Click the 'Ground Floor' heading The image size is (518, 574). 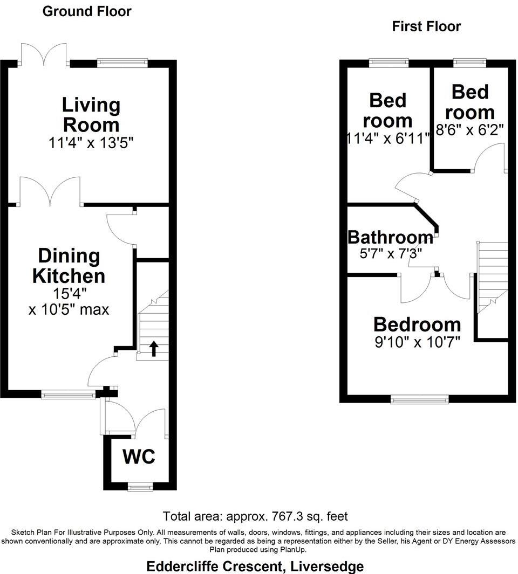pos(87,11)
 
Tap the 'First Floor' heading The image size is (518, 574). pos(426,26)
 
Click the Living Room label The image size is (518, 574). pos(91,114)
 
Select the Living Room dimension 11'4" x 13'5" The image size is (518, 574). pos(91,143)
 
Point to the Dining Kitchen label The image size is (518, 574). pos(69,266)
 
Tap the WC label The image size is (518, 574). pos(139,457)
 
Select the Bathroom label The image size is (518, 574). pos(390,237)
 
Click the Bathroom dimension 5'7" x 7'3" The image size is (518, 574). pos(390,252)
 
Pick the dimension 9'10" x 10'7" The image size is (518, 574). pos(417,342)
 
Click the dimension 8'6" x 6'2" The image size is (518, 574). pos(469,129)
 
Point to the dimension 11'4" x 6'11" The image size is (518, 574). pos(388,137)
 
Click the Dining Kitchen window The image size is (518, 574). pos(69,395)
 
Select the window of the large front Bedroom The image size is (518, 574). pos(419,399)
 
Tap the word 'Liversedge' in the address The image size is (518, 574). pos(326,566)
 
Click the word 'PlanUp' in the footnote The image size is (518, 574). pos(292,550)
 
